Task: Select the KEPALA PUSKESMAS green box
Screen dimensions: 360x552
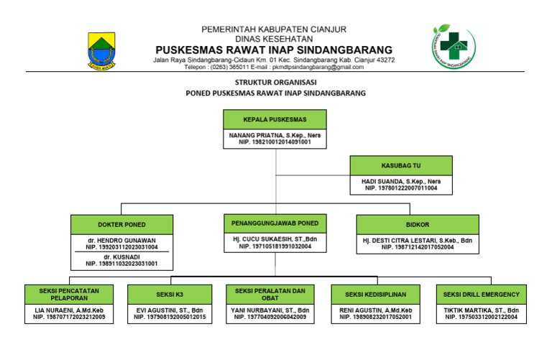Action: (275, 119)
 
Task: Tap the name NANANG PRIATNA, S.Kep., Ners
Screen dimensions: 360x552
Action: (275, 134)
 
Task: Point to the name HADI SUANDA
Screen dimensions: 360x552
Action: (401, 181)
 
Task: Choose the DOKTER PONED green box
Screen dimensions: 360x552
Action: (121, 224)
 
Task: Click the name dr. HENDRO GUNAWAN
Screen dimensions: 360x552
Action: (121, 239)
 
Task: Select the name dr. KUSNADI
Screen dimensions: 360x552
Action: (121, 256)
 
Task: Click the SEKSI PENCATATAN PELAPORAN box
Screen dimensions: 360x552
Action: (70, 295)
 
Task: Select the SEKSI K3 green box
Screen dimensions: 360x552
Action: (170, 295)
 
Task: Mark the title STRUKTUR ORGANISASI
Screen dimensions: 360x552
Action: (275, 83)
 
